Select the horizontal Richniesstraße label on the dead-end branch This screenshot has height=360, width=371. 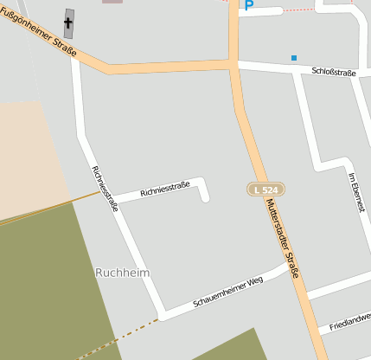(x=164, y=186)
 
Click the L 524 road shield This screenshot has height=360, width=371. (x=265, y=189)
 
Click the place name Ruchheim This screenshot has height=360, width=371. (x=122, y=273)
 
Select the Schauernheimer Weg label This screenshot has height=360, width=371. (x=227, y=292)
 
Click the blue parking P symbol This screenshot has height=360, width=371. (x=249, y=5)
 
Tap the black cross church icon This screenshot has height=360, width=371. (x=68, y=21)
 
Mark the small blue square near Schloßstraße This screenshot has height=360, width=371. (x=294, y=58)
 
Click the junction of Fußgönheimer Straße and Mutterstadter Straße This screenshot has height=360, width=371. (x=233, y=64)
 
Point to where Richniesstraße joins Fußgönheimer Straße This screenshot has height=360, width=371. (x=75, y=55)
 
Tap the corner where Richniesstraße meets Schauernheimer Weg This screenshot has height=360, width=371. (x=162, y=312)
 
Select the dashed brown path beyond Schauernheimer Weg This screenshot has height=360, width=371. (x=121, y=337)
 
